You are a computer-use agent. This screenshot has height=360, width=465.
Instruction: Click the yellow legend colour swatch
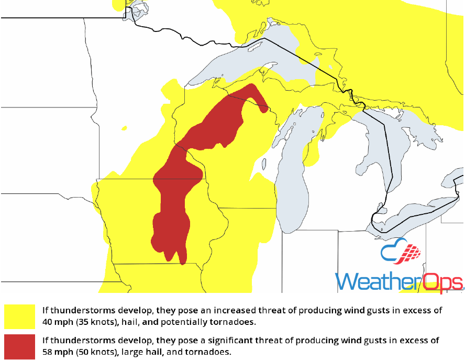(x=19, y=316)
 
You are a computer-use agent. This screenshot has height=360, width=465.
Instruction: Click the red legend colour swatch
(x=19, y=345)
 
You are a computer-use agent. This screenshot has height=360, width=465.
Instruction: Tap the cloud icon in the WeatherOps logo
(x=401, y=253)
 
